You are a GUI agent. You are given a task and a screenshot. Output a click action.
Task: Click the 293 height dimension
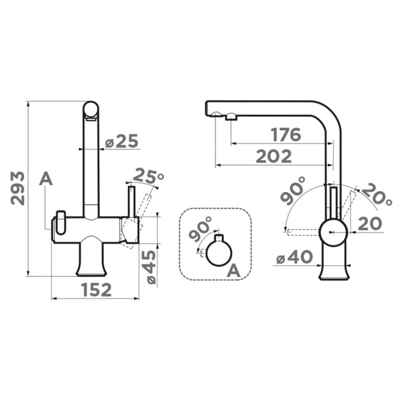pyautogui.click(x=18, y=188)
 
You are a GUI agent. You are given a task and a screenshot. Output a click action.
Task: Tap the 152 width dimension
pyautogui.click(x=96, y=290)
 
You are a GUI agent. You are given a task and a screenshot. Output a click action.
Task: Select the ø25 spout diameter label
pyautogui.click(x=121, y=141)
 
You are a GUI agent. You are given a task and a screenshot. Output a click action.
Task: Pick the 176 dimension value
pyautogui.click(x=286, y=134)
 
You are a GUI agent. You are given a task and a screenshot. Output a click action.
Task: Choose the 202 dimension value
pyautogui.click(x=274, y=156)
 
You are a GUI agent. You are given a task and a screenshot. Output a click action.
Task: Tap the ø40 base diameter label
pyautogui.click(x=294, y=257)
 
